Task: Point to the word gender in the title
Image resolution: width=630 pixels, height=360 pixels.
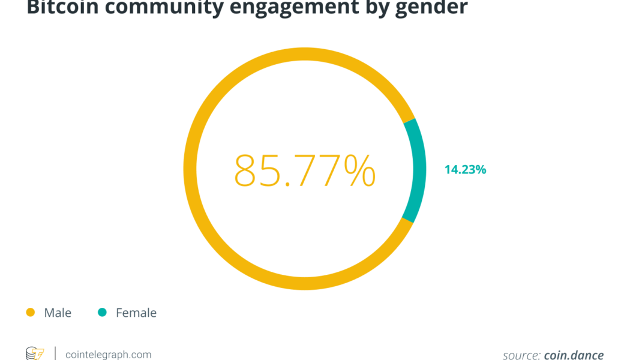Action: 432,8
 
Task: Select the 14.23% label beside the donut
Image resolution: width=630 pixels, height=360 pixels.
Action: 465,170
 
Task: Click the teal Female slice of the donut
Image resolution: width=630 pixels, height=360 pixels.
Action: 415,170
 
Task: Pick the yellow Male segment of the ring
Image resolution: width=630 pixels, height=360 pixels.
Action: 198,170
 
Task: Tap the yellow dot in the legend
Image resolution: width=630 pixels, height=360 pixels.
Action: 30,313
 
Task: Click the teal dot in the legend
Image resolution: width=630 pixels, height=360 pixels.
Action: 102,313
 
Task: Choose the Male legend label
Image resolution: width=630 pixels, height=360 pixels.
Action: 58,313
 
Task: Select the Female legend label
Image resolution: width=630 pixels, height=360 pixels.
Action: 136,313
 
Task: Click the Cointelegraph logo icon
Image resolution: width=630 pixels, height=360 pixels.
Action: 34,354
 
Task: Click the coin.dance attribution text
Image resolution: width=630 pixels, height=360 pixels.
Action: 574,355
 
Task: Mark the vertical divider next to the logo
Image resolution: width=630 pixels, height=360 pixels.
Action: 55,353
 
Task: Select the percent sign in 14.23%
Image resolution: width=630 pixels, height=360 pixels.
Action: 481,170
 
